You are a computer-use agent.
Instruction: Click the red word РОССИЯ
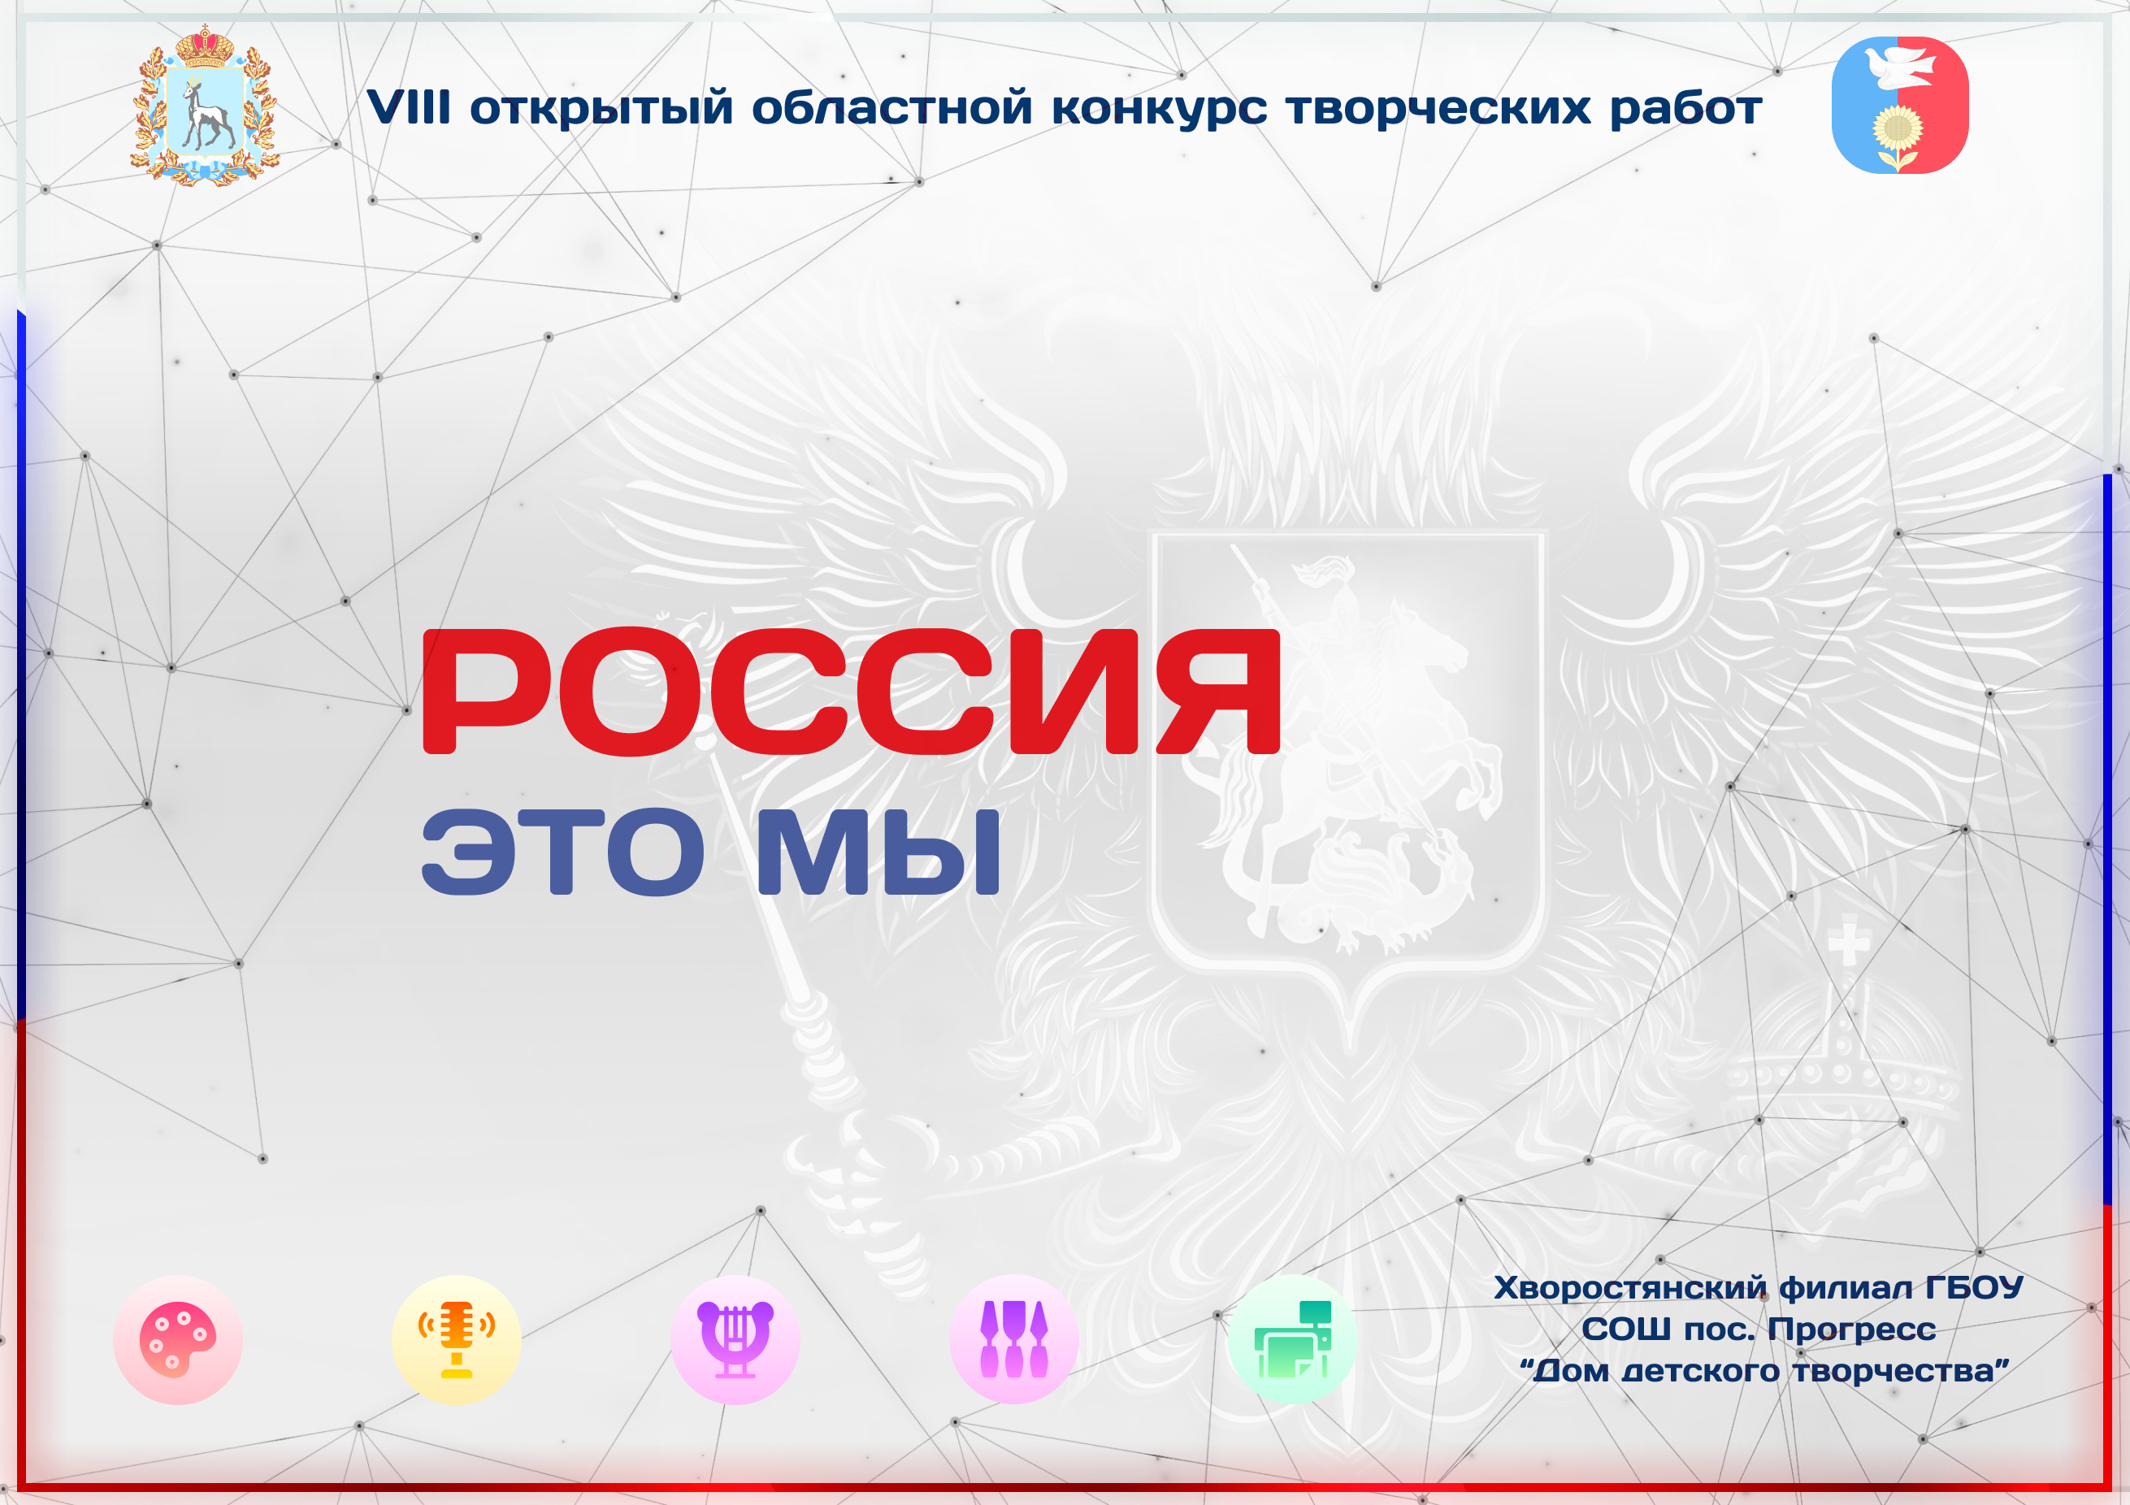coord(851,692)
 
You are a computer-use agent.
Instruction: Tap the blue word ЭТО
coord(563,852)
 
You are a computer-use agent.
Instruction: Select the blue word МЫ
coord(878,852)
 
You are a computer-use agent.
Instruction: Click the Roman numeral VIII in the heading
coord(409,106)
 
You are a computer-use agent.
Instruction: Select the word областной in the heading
coord(892,106)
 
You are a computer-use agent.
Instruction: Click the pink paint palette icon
coord(178,1340)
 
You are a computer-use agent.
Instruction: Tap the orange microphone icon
coord(457,1340)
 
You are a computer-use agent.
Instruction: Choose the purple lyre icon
coord(735,1340)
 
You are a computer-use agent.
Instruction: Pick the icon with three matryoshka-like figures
coord(1014,1339)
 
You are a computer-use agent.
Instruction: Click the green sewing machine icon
coord(1292,1339)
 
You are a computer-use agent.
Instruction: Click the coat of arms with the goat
coord(204,106)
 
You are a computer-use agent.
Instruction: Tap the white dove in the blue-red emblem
coord(1900,67)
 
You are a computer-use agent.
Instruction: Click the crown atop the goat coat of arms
coord(204,46)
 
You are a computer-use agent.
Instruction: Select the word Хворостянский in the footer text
coord(1630,1288)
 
